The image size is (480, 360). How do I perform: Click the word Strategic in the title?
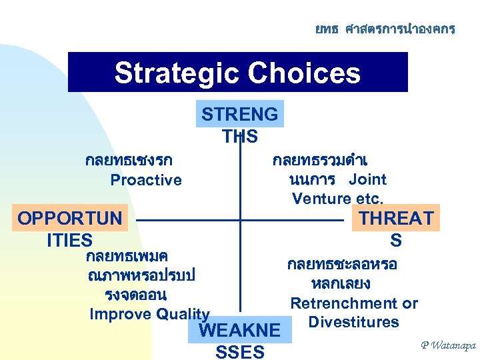(174, 73)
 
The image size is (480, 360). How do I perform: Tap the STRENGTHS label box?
(240, 114)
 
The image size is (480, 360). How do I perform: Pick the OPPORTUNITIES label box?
(70, 219)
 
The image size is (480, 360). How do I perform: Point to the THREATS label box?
(396, 218)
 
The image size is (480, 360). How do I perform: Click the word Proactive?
(146, 180)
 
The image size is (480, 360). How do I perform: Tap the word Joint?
(368, 179)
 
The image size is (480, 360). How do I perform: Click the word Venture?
(321, 199)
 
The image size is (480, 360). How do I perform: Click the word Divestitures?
(353, 323)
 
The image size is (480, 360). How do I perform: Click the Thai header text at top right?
(385, 29)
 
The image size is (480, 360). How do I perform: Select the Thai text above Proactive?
(129, 161)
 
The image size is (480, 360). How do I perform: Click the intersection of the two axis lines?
(240, 219)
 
